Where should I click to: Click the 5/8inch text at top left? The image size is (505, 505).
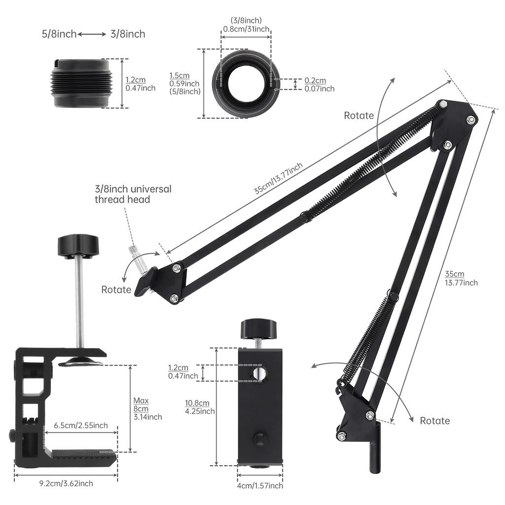coord(59,34)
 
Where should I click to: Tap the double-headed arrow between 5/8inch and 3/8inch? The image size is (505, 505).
coord(92,34)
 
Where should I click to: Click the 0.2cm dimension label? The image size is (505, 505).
coord(315,80)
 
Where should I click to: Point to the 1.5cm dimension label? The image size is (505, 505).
coord(180,75)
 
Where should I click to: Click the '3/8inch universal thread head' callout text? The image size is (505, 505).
coord(133,194)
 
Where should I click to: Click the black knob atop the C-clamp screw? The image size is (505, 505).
coord(78,246)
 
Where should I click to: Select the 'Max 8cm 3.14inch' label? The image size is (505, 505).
coord(147,409)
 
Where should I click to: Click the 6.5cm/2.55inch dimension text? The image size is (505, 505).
coord(81,426)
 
